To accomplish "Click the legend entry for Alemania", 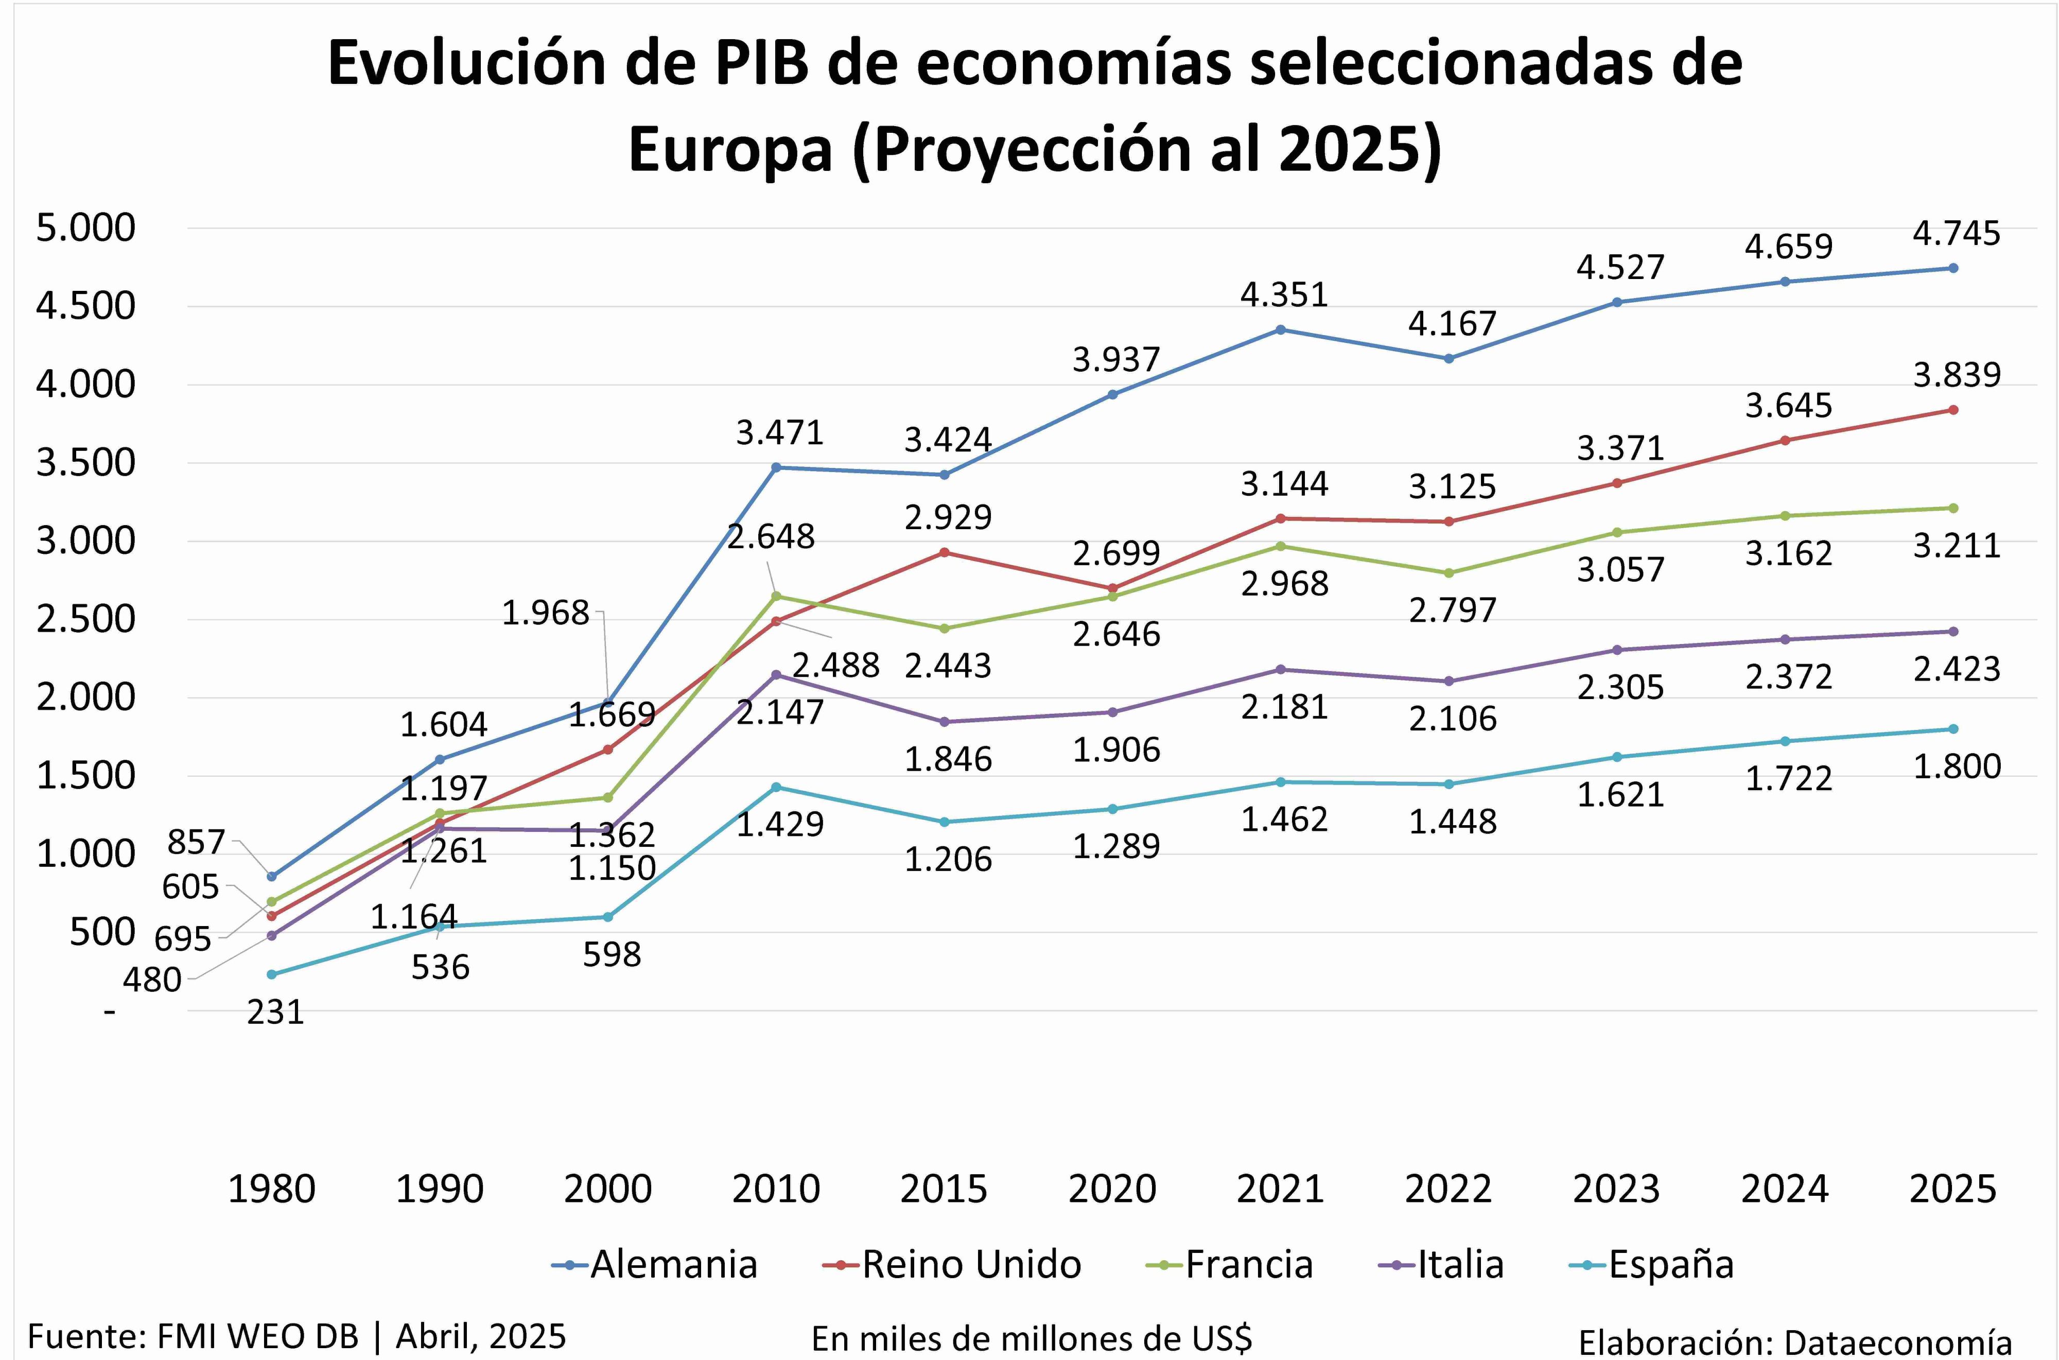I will pyautogui.click(x=656, y=1265).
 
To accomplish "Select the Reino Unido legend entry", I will pyautogui.click(x=952, y=1265).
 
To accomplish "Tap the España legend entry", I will pyautogui.click(x=1652, y=1265).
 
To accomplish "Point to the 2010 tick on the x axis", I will pyautogui.click(x=775, y=1188).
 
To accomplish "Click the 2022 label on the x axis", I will pyautogui.click(x=1449, y=1188).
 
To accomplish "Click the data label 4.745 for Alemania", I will pyautogui.click(x=1956, y=233).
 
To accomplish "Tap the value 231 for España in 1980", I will pyautogui.click(x=275, y=1012).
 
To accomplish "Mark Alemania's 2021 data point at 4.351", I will pyautogui.click(x=1281, y=329).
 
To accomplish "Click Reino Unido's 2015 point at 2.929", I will pyautogui.click(x=945, y=552).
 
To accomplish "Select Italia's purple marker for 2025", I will pyautogui.click(x=1953, y=632).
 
